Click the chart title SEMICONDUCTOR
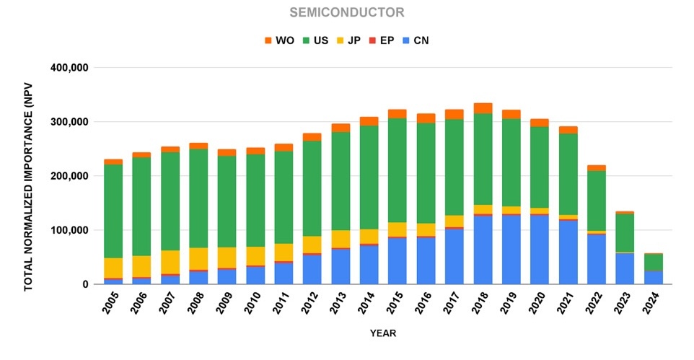[x=347, y=12]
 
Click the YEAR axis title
[x=383, y=333]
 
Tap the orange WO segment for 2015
[x=397, y=113]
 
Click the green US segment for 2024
[x=654, y=263]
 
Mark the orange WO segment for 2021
[x=568, y=130]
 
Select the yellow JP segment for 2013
[x=341, y=239]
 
